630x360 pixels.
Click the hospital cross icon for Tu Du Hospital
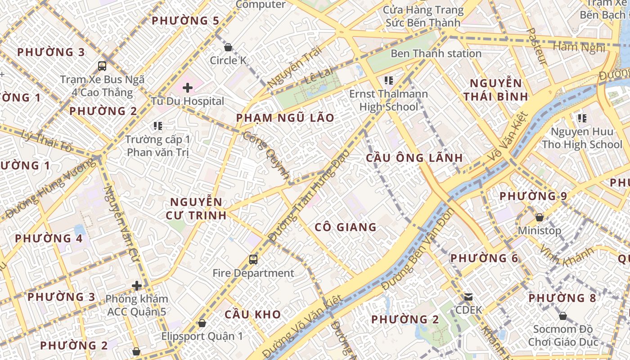[x=188, y=87]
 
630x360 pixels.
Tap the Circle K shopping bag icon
[x=228, y=47]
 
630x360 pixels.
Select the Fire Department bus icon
[x=253, y=260]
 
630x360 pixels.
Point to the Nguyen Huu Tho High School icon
[x=582, y=118]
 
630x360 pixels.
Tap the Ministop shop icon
[x=540, y=217]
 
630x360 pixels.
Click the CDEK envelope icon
[x=468, y=297]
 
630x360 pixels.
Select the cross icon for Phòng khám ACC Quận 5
[x=136, y=285]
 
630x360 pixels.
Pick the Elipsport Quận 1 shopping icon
[x=202, y=323]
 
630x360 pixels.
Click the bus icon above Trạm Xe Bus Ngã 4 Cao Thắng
[x=102, y=66]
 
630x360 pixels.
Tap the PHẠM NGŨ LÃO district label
[x=285, y=118]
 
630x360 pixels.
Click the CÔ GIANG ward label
[x=346, y=227]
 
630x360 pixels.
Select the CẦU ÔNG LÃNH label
[x=414, y=157]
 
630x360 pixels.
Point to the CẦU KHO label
[x=252, y=314]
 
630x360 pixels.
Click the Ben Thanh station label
[x=436, y=54]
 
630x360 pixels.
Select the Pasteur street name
[x=536, y=47]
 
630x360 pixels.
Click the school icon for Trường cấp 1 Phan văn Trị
[x=157, y=126]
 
